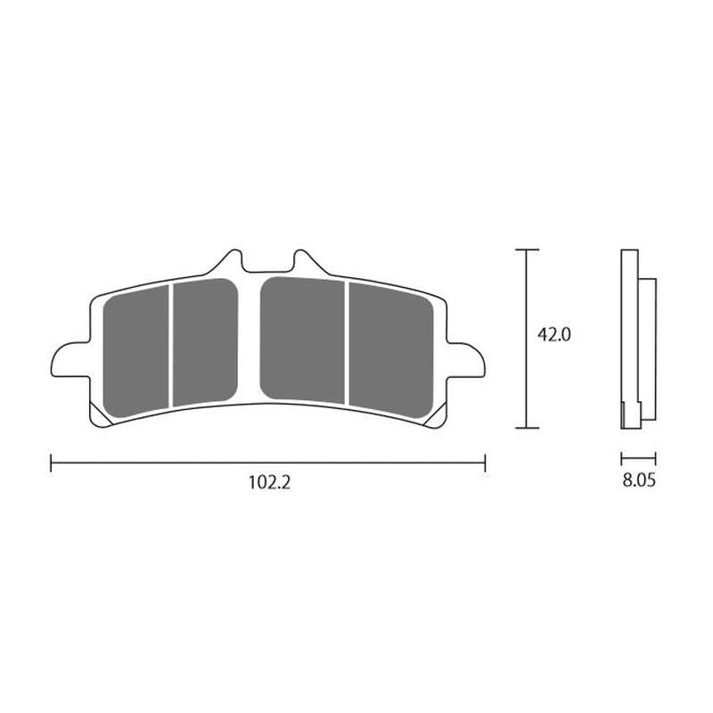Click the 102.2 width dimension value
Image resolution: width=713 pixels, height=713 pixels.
tap(269, 482)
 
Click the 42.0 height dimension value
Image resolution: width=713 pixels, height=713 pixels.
tap(553, 335)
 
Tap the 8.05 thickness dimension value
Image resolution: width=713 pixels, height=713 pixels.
tap(639, 480)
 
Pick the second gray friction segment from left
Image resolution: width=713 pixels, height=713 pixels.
tap(206, 342)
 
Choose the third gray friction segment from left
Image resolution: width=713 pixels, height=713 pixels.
tap(302, 340)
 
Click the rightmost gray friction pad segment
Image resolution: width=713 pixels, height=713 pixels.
tap(391, 350)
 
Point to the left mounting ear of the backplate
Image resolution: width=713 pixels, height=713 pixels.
tap(70, 360)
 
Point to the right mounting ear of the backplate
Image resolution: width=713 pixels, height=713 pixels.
tap(465, 360)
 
